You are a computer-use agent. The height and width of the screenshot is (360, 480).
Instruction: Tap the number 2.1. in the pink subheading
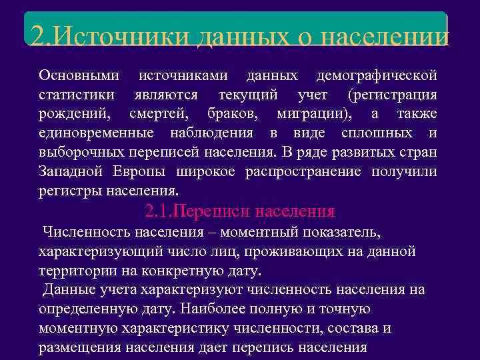(x=159, y=212)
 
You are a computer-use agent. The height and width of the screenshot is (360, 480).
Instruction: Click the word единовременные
(x=92, y=133)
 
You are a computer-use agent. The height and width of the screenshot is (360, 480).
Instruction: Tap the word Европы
(x=140, y=172)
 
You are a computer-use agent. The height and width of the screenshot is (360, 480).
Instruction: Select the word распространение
(x=303, y=172)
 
